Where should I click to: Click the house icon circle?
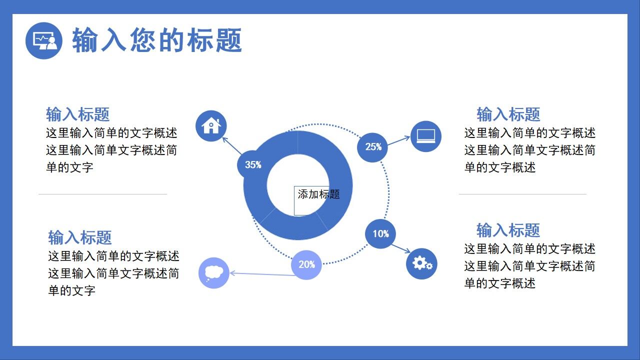[x=211, y=125]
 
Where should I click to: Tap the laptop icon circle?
[x=426, y=136]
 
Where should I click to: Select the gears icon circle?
[x=421, y=263]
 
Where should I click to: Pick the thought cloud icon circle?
[x=214, y=273]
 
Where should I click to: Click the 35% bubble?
[x=253, y=164]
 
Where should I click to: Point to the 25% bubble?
[x=372, y=147]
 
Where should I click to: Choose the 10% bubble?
[x=380, y=233]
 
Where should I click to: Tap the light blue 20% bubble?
[x=306, y=264]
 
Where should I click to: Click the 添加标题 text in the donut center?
[x=318, y=194]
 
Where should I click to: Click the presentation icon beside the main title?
[x=44, y=40]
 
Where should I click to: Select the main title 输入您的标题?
[x=157, y=40]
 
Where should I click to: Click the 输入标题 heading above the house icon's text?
[x=77, y=114]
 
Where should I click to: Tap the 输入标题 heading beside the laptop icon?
[x=508, y=114]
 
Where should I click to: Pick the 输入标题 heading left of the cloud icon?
[x=79, y=237]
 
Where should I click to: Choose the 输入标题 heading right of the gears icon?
[x=508, y=230]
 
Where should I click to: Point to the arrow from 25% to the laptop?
[x=398, y=141]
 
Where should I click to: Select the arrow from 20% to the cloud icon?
[x=260, y=274]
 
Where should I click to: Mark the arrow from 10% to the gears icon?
[x=400, y=248]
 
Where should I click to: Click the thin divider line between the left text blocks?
[x=102, y=194]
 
